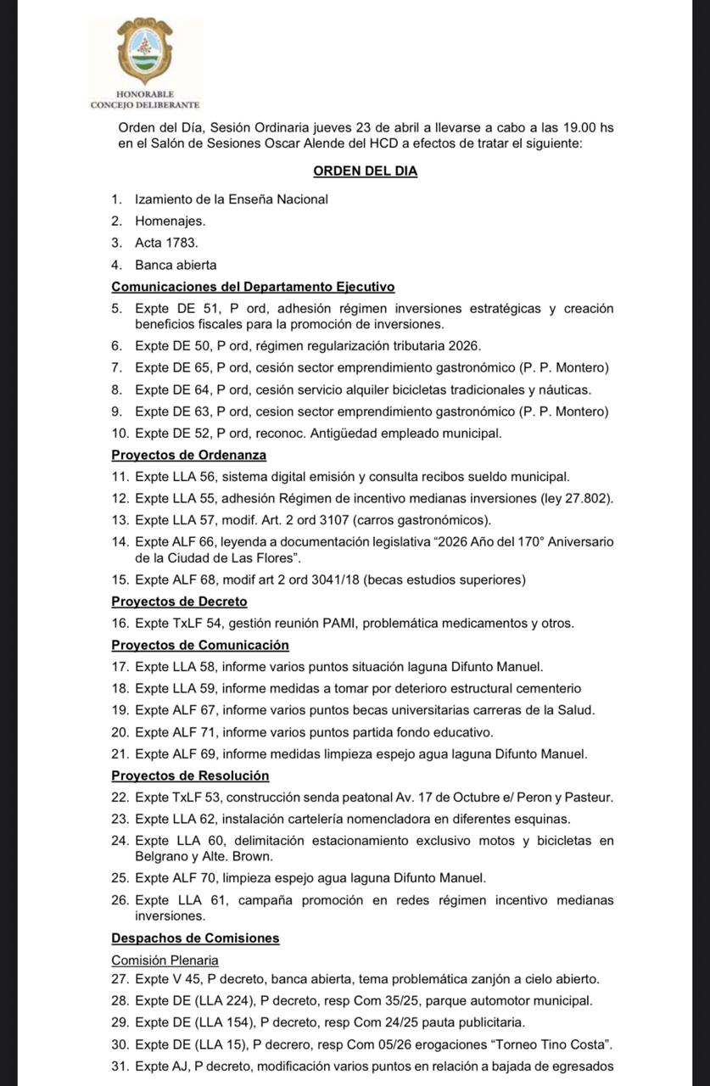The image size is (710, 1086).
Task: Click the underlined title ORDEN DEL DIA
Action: [x=365, y=171]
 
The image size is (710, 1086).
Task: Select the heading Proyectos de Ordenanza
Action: [x=177, y=455]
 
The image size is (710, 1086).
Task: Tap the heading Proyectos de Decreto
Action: [x=179, y=602]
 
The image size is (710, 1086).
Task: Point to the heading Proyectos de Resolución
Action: [x=190, y=775]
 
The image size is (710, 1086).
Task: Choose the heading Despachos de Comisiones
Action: [x=195, y=938]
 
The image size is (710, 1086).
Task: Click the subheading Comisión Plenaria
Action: [x=165, y=960]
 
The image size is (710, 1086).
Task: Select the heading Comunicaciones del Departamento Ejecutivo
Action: [x=253, y=287]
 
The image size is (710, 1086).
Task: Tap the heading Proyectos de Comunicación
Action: [x=200, y=645]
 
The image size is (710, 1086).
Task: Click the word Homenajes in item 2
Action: [x=169, y=221]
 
